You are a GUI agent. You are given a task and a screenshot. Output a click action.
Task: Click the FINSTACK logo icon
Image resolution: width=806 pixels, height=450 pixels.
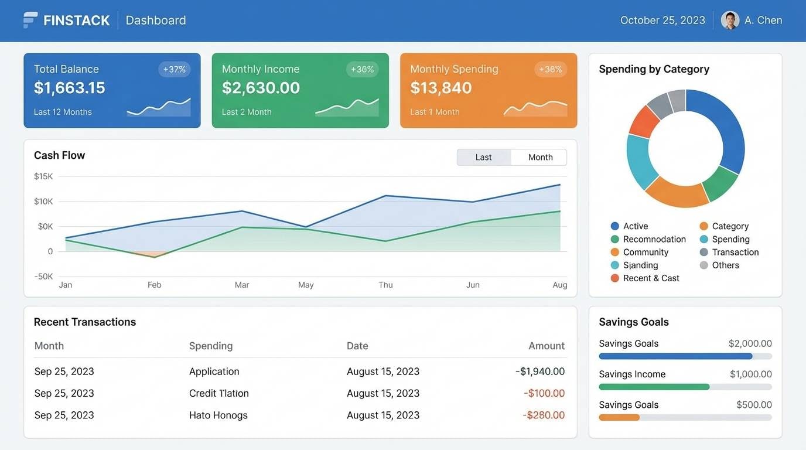coord(30,20)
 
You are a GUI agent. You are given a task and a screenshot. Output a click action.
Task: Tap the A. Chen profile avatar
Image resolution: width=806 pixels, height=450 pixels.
coord(730,20)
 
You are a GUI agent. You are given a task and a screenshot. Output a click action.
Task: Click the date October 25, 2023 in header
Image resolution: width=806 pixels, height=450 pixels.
coord(662,20)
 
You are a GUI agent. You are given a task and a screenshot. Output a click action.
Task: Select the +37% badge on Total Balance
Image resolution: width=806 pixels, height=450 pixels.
coord(174,69)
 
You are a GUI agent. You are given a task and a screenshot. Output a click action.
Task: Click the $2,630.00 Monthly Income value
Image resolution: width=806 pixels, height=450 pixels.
coord(261,88)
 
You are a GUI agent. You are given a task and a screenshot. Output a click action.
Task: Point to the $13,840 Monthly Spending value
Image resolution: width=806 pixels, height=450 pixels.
coord(441,88)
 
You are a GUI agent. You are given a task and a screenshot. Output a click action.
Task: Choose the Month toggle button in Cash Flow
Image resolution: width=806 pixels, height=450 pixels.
coord(539,157)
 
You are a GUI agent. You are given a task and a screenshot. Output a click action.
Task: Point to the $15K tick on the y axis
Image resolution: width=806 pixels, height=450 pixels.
coord(43,176)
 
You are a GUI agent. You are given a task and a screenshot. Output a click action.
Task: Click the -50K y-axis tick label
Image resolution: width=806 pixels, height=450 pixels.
coord(43,277)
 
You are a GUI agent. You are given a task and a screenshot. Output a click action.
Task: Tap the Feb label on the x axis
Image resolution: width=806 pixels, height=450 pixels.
coord(154,285)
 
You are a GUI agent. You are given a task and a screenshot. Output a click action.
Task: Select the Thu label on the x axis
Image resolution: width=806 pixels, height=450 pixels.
coord(385,285)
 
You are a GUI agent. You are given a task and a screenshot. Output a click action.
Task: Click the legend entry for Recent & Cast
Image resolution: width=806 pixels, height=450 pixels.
coord(650,278)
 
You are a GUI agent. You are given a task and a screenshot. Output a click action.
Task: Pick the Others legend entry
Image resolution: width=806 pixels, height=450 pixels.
coord(725,265)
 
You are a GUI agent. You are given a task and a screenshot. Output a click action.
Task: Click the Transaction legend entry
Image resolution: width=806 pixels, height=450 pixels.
coord(735,253)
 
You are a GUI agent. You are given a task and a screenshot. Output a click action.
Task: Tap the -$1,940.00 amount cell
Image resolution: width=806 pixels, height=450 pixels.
coord(540,371)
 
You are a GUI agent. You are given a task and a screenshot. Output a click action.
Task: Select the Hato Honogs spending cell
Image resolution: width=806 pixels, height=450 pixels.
coord(218,415)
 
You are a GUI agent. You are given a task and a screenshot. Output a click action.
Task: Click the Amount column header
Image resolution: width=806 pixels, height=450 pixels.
coord(546,346)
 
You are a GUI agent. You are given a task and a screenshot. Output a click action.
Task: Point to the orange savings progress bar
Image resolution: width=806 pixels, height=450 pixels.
coord(619,418)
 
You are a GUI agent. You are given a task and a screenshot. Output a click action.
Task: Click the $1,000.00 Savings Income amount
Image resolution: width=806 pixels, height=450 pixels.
coord(750,374)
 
